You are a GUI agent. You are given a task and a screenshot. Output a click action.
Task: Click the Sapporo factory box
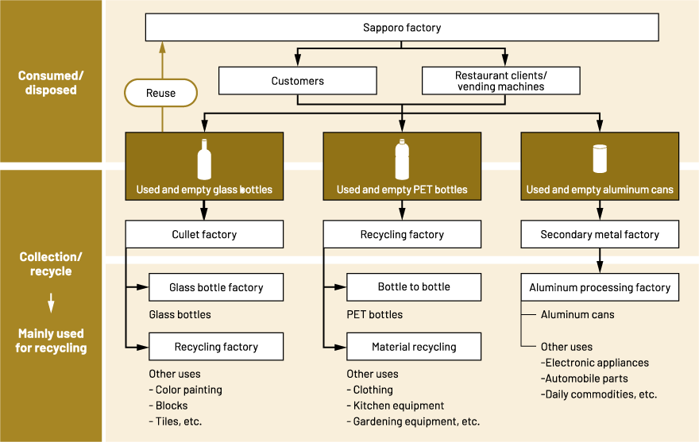click(401, 28)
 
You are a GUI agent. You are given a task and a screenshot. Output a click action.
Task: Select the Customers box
click(297, 81)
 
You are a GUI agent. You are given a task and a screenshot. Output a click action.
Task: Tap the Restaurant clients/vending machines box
click(500, 81)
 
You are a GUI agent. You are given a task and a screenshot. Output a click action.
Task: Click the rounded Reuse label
click(160, 94)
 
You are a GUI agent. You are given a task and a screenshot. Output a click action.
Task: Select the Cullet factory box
click(204, 235)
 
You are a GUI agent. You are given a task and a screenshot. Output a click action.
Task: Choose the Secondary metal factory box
click(600, 235)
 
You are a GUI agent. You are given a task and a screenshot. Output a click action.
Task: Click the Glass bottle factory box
click(215, 287)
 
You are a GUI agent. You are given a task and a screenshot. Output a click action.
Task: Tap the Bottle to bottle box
click(414, 287)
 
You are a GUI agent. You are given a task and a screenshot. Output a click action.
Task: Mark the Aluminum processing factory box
click(600, 287)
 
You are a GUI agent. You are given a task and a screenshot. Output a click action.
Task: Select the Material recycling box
click(414, 347)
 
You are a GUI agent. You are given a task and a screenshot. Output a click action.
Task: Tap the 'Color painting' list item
click(188, 390)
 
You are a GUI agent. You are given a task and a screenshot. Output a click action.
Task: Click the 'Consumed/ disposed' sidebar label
click(51, 83)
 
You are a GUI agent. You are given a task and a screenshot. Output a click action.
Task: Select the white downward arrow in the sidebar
click(51, 302)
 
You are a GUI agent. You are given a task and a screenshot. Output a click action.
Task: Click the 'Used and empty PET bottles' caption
click(402, 190)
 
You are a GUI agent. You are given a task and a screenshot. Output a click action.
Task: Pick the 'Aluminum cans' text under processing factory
click(577, 315)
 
